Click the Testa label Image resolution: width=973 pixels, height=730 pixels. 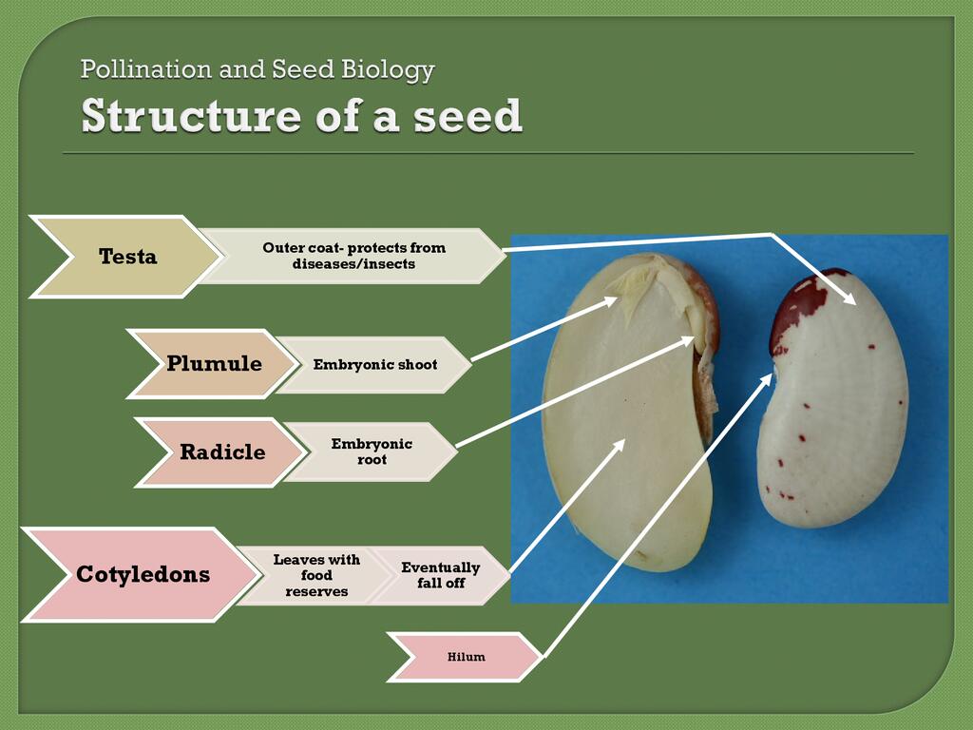(x=127, y=257)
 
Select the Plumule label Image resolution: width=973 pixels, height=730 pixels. (x=214, y=363)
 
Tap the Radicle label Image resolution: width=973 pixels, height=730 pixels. (x=222, y=452)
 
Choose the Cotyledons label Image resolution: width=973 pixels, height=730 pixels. (x=143, y=574)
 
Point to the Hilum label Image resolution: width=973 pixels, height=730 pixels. (x=466, y=657)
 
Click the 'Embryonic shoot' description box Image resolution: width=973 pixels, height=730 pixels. (x=375, y=365)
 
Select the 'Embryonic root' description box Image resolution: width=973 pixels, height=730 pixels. (x=372, y=451)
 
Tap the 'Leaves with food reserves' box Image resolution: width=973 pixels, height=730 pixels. (x=316, y=575)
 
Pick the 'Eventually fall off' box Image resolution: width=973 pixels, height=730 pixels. (x=440, y=575)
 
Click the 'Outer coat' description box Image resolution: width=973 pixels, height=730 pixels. (x=353, y=256)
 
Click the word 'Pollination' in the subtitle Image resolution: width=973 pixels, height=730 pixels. (x=145, y=69)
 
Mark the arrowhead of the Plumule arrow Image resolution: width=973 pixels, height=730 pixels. (x=612, y=301)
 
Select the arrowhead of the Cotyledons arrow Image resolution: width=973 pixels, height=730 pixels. (x=620, y=441)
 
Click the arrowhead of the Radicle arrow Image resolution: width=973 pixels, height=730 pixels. (x=691, y=338)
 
